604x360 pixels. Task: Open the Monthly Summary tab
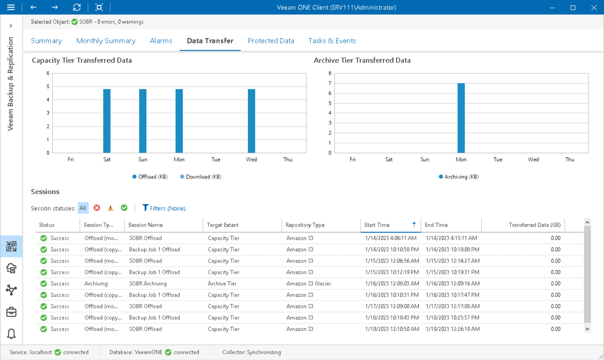coord(106,41)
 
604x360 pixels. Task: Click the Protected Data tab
coord(271,41)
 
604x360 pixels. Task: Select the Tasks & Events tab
coord(332,41)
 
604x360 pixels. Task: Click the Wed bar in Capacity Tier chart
coord(251,121)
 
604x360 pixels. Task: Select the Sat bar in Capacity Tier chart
coord(107,121)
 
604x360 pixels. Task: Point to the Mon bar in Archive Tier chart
coord(461,118)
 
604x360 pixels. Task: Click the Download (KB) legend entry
coord(200,177)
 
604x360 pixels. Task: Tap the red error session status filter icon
coord(97,208)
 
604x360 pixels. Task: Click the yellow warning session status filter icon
coord(110,208)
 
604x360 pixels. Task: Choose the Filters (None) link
coord(164,208)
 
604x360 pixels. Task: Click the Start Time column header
coord(377,225)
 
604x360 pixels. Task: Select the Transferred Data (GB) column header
coord(534,225)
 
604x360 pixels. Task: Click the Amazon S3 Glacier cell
coord(309,284)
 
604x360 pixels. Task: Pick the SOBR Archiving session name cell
coord(148,284)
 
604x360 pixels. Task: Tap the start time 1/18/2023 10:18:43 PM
coord(392,318)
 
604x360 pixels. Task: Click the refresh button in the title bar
coord(77,7)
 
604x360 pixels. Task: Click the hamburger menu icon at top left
coord(11,7)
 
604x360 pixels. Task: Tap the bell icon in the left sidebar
coord(11,333)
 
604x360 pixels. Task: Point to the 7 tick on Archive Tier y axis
coord(330,83)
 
